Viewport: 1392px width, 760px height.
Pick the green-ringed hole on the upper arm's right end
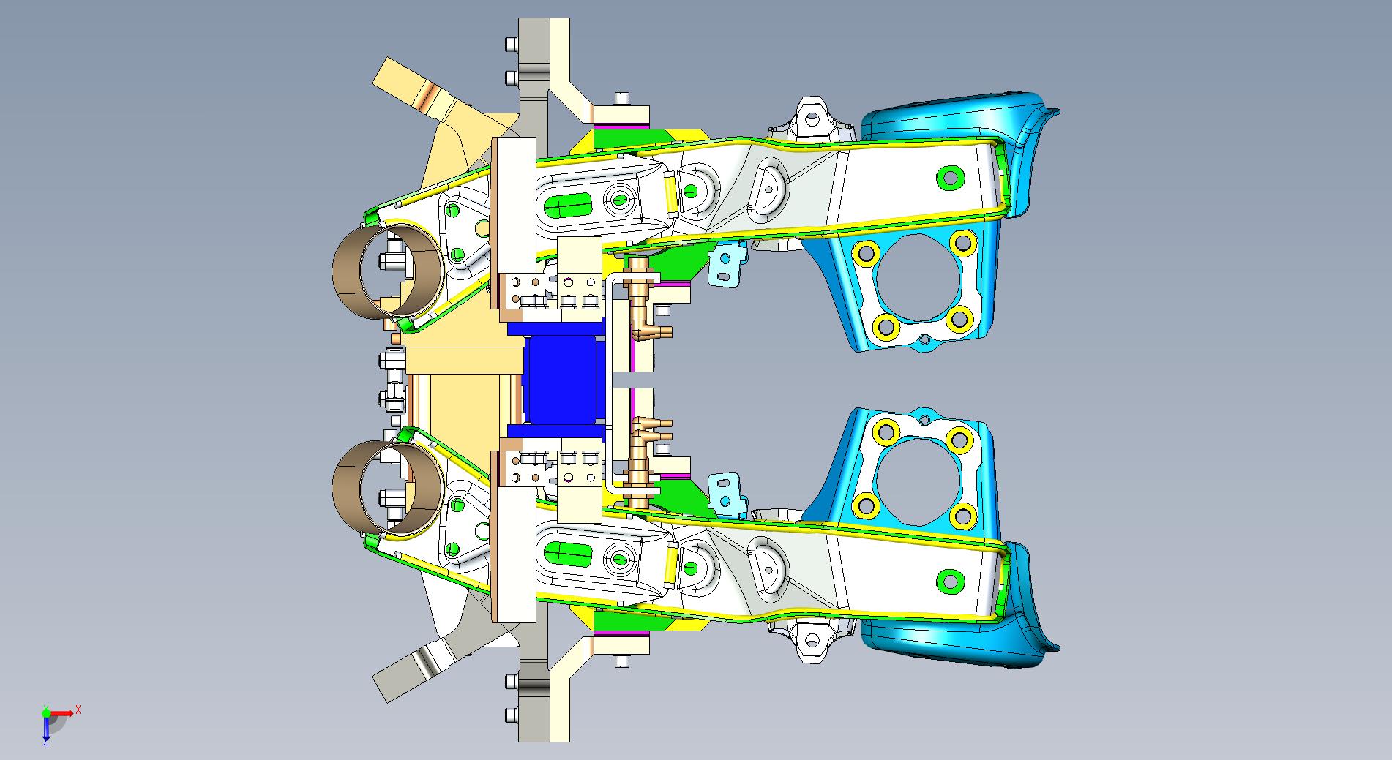[x=949, y=177]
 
